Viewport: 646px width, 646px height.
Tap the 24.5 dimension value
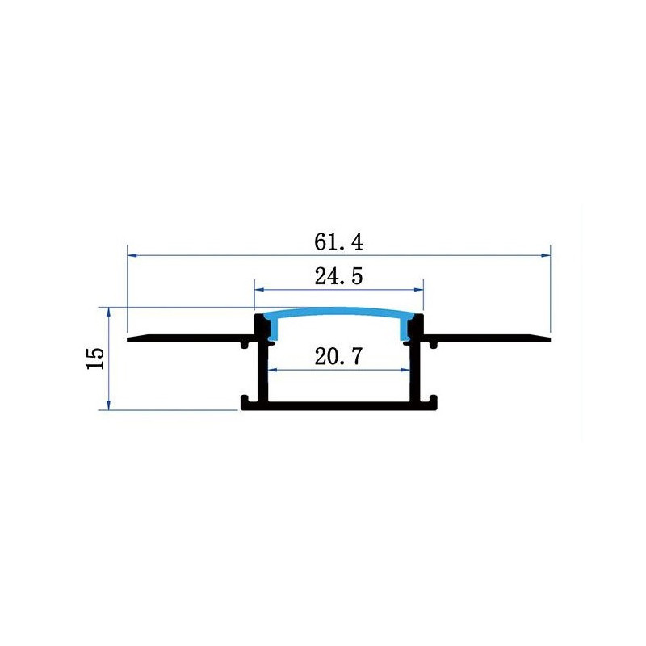click(x=338, y=276)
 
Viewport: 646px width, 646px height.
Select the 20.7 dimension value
click(x=338, y=356)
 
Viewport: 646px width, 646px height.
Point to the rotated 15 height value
click(x=95, y=359)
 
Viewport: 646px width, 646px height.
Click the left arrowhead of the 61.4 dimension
click(x=132, y=255)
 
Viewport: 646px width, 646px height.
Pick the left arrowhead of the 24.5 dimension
click(x=259, y=290)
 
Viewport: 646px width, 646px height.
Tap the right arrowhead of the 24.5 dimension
click(x=418, y=290)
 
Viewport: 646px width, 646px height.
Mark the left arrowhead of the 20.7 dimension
click(x=273, y=370)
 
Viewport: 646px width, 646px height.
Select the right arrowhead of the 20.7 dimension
click(x=405, y=370)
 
